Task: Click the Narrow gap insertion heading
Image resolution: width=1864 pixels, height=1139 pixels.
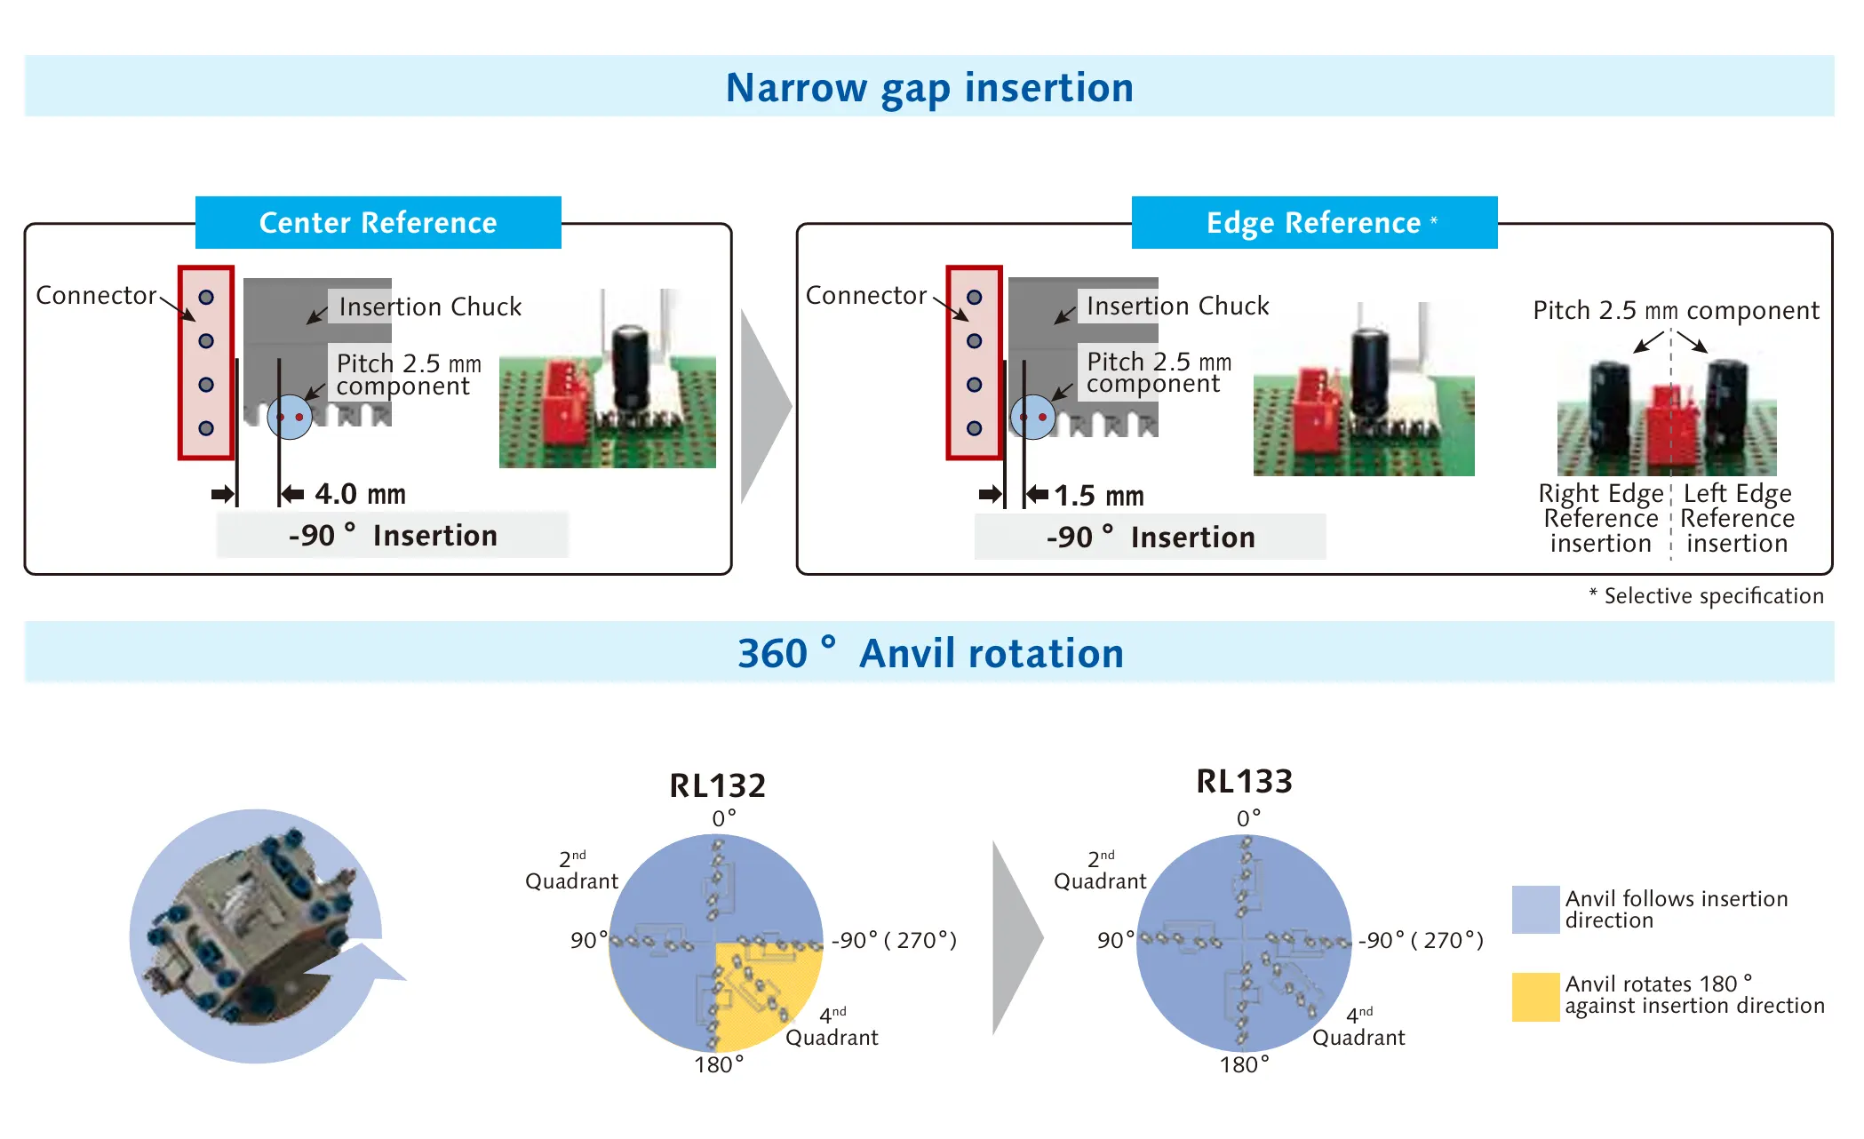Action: tap(929, 88)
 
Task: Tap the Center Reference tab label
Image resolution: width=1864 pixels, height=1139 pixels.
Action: tap(378, 222)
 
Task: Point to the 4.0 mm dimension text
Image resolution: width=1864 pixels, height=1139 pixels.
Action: tap(360, 494)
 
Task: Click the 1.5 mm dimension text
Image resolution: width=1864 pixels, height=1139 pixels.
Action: tap(1099, 496)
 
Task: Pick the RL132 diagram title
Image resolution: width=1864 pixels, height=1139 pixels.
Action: tap(717, 785)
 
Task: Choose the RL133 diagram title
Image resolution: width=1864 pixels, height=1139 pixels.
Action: tap(1244, 781)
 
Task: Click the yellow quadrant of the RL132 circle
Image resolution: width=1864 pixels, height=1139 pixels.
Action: tap(769, 995)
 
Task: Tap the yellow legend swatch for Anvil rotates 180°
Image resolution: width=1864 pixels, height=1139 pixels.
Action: tap(1536, 997)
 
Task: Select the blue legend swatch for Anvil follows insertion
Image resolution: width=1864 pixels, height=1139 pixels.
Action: tap(1536, 910)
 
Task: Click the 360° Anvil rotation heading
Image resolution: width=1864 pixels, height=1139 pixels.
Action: tap(930, 654)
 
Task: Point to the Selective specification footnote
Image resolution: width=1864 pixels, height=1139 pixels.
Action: tap(1706, 596)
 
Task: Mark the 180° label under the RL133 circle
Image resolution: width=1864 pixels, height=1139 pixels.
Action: tap(1244, 1064)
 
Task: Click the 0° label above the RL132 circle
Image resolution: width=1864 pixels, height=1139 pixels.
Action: tap(724, 818)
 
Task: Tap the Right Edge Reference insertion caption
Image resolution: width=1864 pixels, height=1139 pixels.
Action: tap(1601, 518)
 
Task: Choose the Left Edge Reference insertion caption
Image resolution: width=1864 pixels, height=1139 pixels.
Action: tap(1737, 518)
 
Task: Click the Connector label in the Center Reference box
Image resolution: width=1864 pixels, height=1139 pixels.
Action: tap(96, 295)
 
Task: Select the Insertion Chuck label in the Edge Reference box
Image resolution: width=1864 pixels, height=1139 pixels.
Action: tap(1178, 306)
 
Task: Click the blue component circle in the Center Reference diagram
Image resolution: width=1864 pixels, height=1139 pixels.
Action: tap(290, 417)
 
